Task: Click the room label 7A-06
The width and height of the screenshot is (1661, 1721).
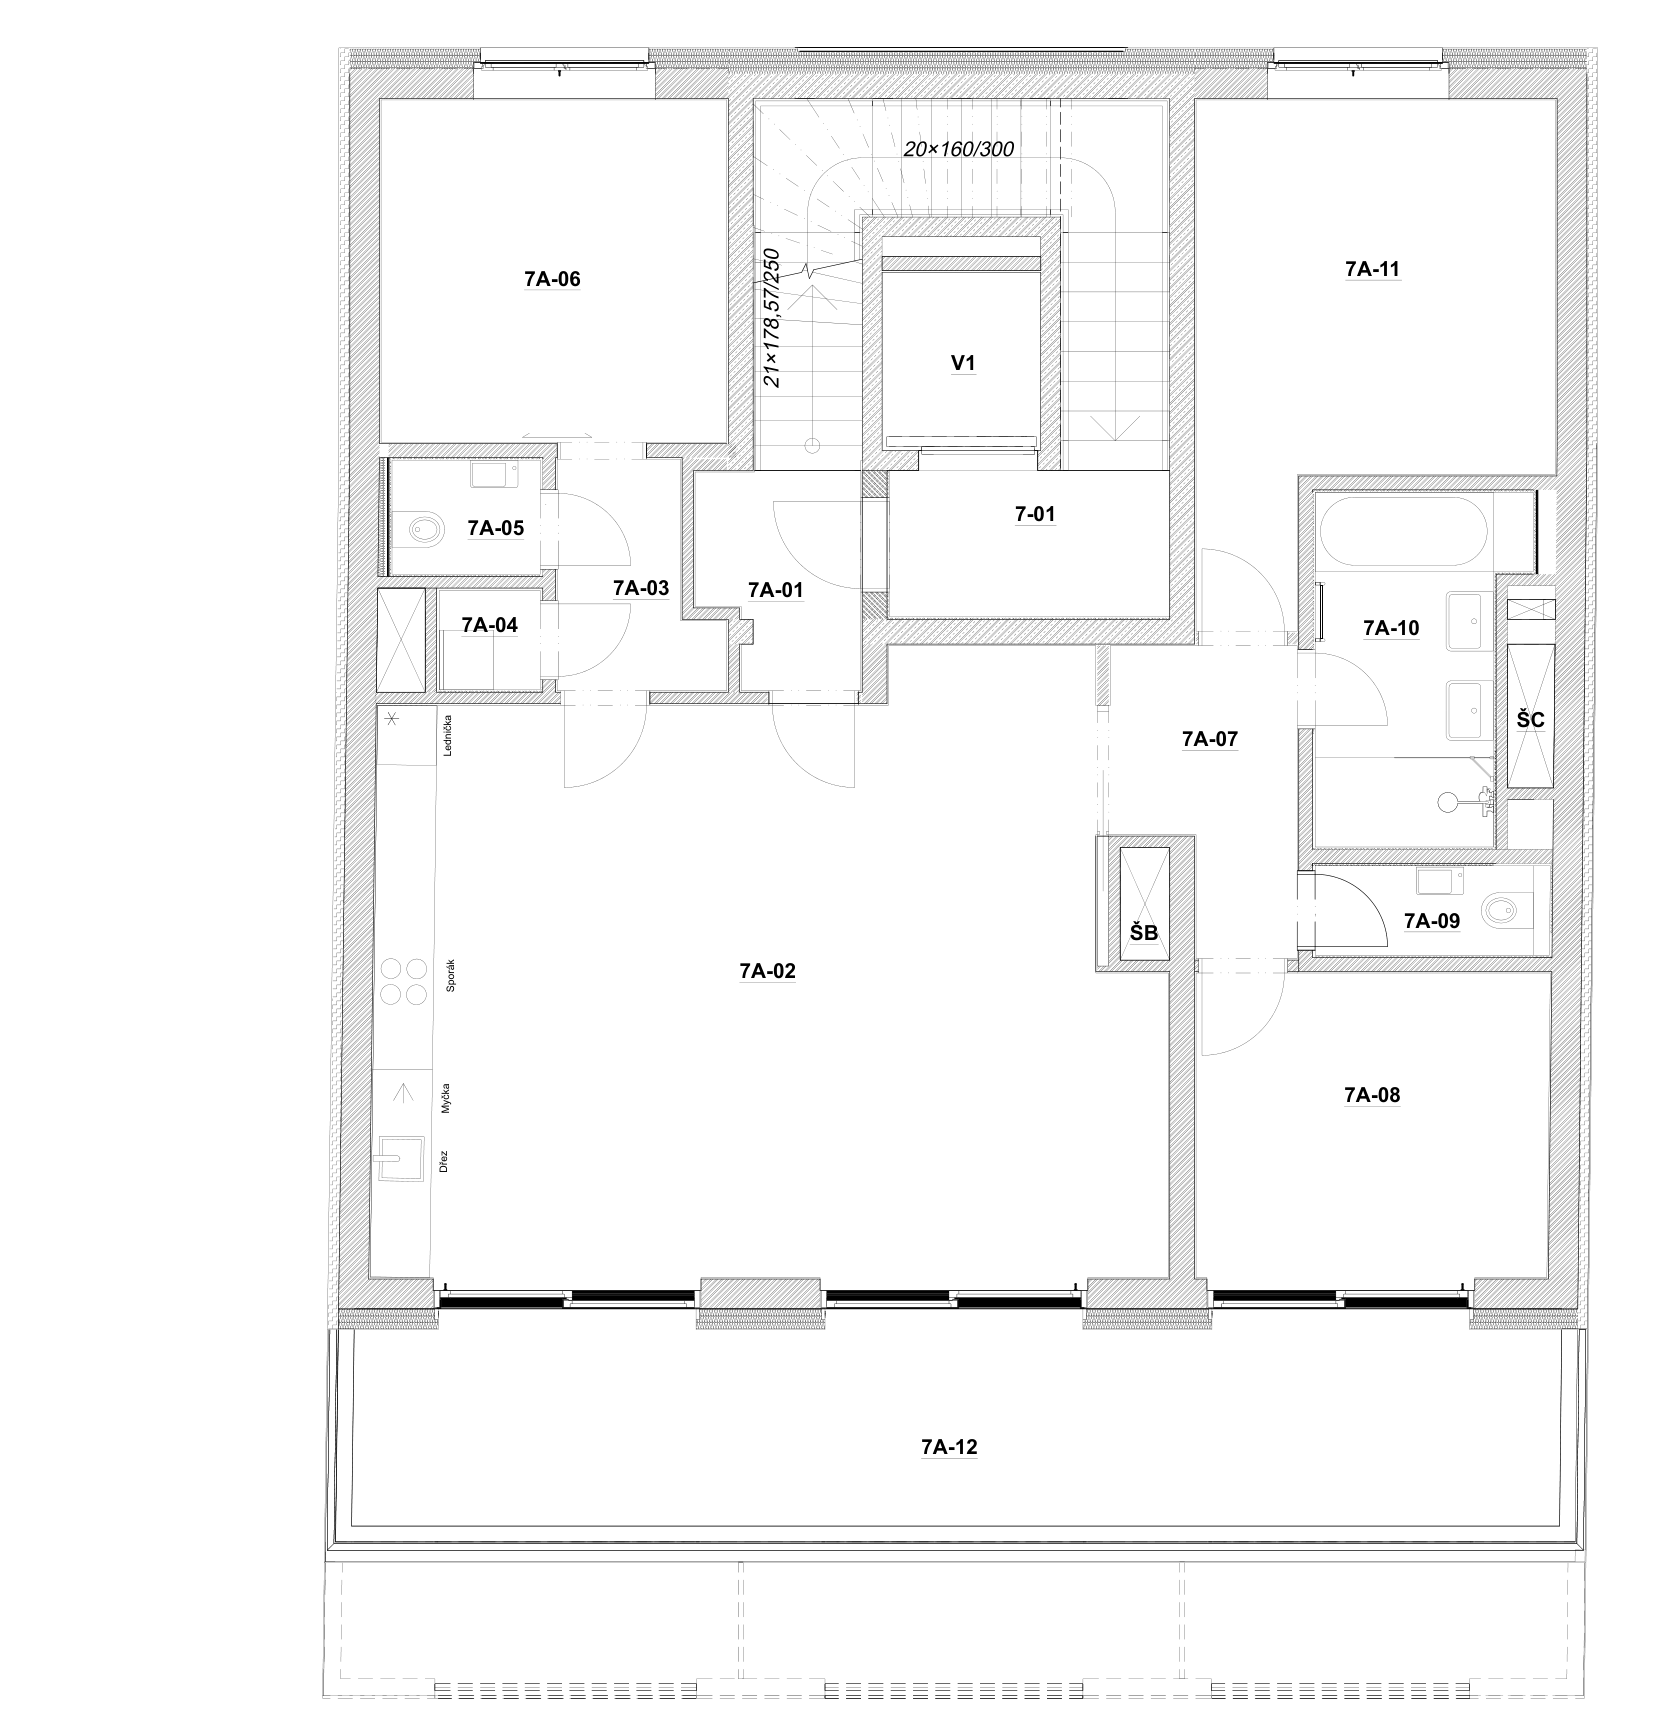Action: (552, 279)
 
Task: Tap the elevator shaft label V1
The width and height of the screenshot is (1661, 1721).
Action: (963, 364)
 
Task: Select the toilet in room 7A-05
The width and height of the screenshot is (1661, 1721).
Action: (428, 528)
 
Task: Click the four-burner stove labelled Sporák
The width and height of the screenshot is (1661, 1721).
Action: (402, 981)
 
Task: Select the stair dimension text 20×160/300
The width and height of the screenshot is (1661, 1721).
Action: (959, 150)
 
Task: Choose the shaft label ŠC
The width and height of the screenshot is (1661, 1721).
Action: (1531, 720)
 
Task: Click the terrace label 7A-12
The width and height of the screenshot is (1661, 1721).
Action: (949, 1447)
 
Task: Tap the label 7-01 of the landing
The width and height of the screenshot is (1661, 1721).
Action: (1035, 514)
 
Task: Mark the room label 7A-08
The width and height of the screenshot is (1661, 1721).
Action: (1372, 1095)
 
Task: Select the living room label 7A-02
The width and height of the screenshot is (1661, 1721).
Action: (768, 971)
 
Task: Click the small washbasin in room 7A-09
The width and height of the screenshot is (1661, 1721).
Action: (1438, 881)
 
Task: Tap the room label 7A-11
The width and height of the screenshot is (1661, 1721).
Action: (1372, 269)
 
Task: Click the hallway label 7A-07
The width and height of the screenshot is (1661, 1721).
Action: (1210, 740)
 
